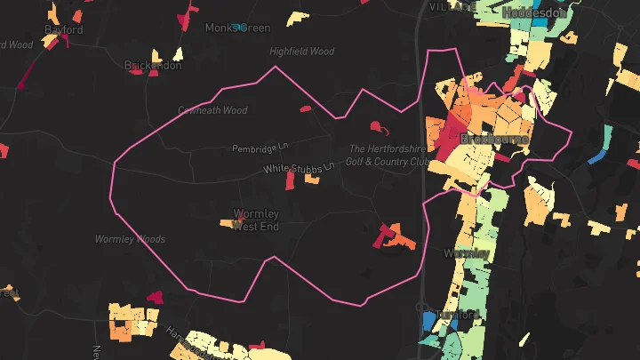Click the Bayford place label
point(64,29)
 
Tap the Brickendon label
point(153,66)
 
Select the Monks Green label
point(237,28)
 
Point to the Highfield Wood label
point(301,52)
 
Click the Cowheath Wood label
point(212,111)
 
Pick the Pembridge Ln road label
point(261,148)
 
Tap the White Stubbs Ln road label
point(298,167)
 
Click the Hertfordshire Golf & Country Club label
point(388,156)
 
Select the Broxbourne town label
point(494,140)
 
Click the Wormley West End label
point(256,220)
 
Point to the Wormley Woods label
point(130,239)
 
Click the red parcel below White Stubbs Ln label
point(290,180)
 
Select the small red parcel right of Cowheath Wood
point(305,109)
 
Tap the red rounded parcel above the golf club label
point(375,125)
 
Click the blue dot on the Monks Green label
point(239,27)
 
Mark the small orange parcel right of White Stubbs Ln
point(312,179)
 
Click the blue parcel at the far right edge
point(596,157)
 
